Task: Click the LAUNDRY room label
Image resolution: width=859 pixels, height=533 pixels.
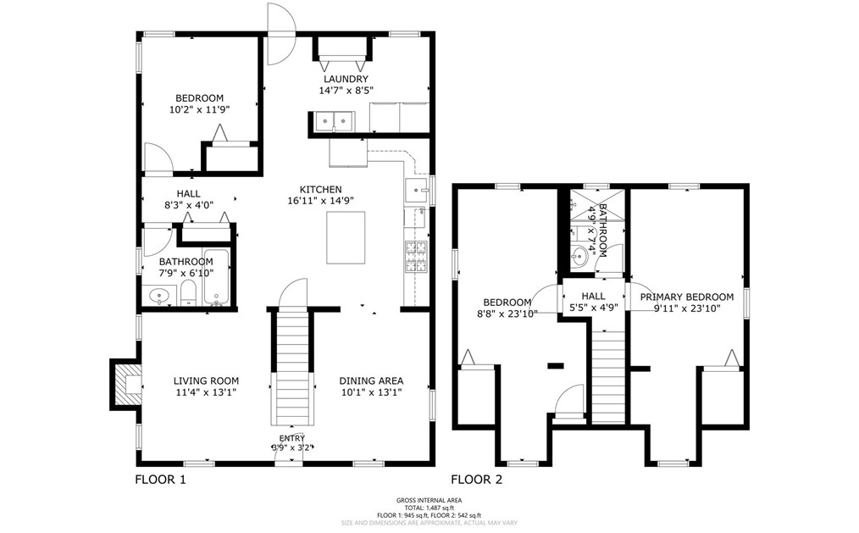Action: tap(346, 79)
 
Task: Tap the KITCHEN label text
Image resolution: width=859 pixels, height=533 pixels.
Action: tap(320, 189)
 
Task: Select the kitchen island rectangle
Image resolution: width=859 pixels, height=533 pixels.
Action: tap(346, 237)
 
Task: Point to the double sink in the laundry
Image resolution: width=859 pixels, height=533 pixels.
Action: tap(334, 122)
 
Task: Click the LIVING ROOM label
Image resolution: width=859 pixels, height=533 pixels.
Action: tap(206, 381)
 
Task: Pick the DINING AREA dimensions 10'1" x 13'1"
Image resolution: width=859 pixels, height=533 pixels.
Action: tap(371, 392)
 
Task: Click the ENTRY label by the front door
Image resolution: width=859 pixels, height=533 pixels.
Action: tap(292, 438)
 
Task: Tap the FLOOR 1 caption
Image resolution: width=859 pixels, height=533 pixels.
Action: tap(160, 480)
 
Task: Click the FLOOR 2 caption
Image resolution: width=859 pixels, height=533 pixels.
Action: tap(476, 480)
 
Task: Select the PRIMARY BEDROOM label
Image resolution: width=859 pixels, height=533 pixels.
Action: tap(686, 297)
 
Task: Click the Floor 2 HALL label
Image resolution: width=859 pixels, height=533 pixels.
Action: tap(593, 297)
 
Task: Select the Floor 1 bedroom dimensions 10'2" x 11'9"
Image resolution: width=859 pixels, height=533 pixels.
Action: tap(200, 109)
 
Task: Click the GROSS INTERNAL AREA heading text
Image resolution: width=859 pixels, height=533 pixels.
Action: tap(429, 501)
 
